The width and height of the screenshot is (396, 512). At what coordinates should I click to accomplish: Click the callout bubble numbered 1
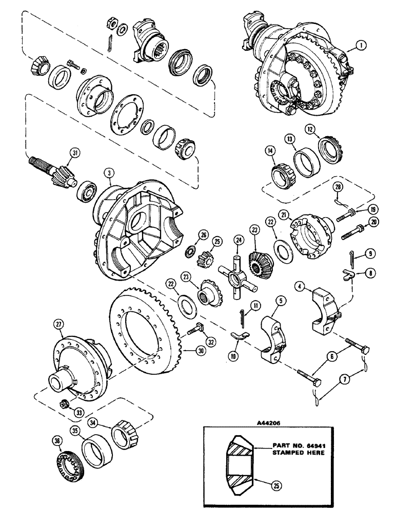tap(363, 46)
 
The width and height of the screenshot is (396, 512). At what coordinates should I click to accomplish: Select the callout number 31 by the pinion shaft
tap(76, 152)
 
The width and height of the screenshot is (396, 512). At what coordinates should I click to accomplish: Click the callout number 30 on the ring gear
tap(193, 351)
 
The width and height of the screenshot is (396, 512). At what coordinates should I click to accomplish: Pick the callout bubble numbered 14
tap(268, 152)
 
